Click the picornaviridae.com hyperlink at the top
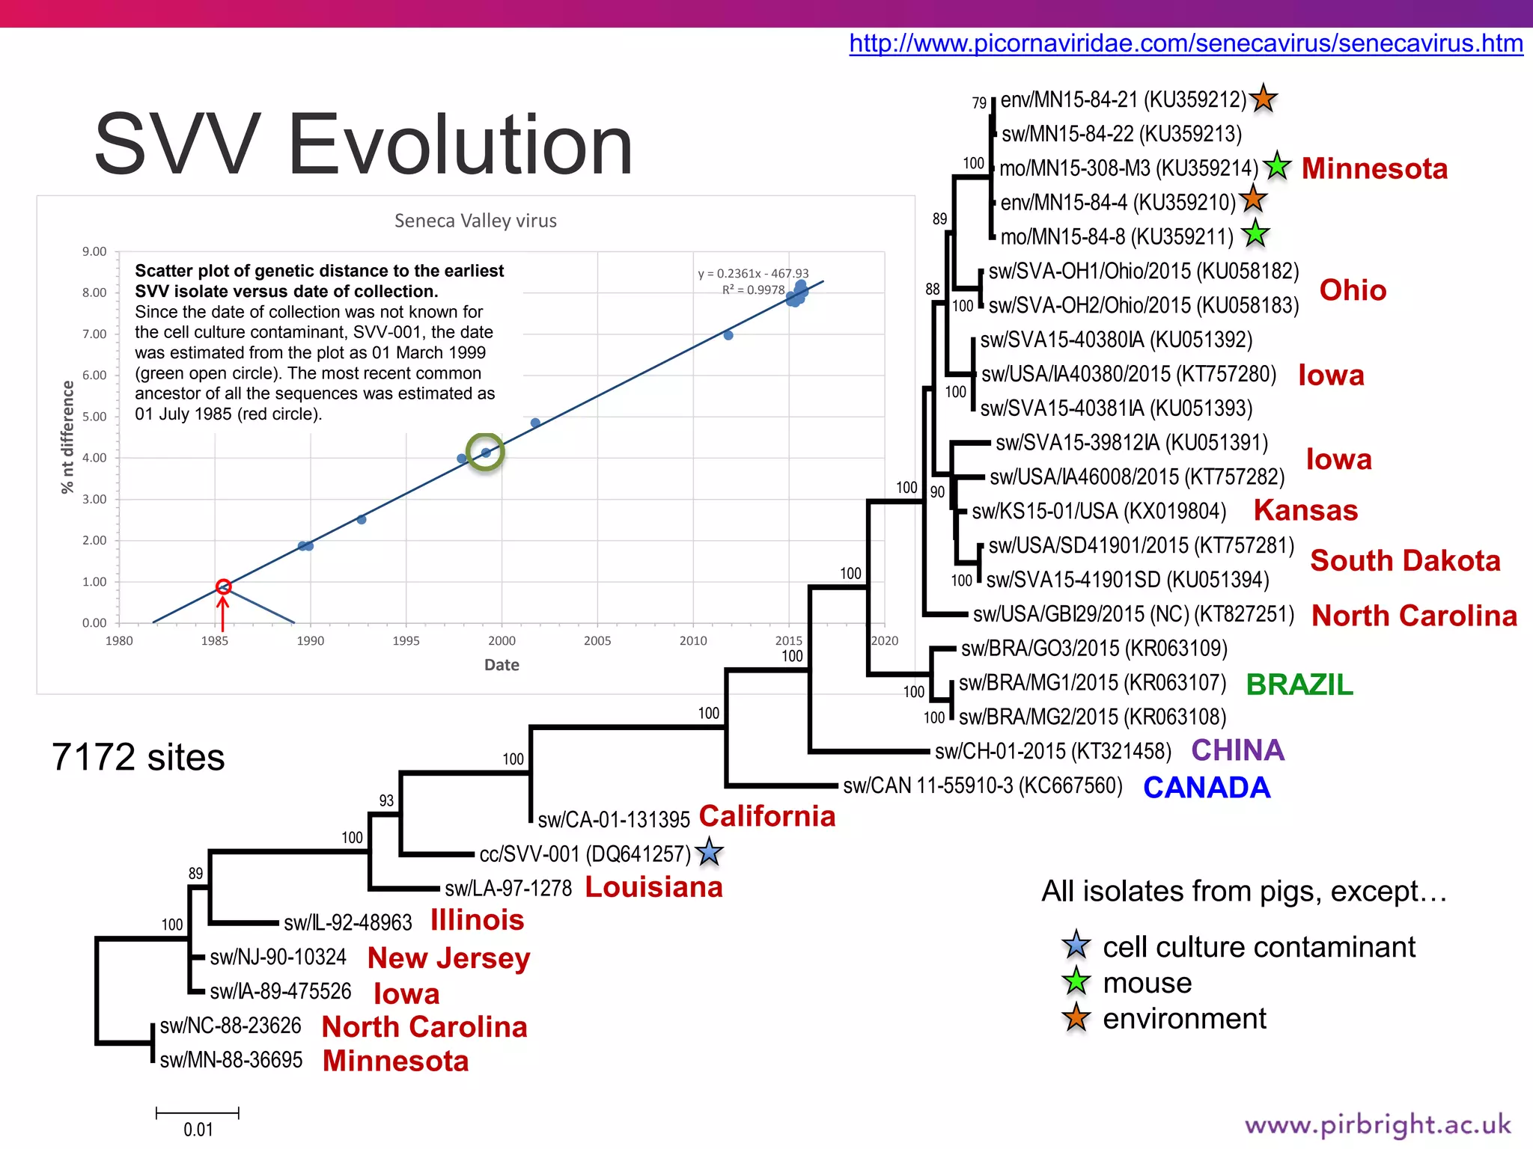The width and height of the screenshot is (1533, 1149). pyautogui.click(x=1186, y=43)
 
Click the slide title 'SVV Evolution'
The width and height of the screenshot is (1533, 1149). pyautogui.click(x=364, y=144)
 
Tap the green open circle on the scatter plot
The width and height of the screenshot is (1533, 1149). pyautogui.click(x=485, y=452)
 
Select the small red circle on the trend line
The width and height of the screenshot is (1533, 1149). pyautogui.click(x=223, y=586)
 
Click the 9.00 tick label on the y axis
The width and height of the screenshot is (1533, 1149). pyautogui.click(x=94, y=251)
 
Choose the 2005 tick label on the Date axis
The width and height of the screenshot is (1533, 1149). pyautogui.click(x=597, y=641)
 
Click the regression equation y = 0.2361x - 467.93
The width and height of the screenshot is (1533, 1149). pyautogui.click(x=753, y=274)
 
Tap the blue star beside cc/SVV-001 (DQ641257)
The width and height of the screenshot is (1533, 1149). pyautogui.click(x=709, y=853)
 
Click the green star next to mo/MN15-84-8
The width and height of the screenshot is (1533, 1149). pyautogui.click(x=1256, y=235)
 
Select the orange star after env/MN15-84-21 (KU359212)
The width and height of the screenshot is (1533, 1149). pyautogui.click(x=1264, y=98)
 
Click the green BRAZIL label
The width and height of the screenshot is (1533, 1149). pyautogui.click(x=1299, y=684)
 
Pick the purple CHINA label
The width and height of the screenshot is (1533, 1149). pyautogui.click(x=1238, y=750)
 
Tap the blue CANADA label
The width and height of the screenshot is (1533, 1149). pyautogui.click(x=1207, y=788)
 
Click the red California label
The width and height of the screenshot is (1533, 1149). pyautogui.click(x=767, y=816)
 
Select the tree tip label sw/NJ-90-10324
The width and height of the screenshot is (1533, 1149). pyautogui.click(x=278, y=957)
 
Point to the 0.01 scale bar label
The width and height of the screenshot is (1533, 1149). pyautogui.click(x=198, y=1130)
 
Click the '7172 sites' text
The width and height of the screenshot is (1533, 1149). pyautogui.click(x=138, y=757)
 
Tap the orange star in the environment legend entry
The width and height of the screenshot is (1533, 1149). pyautogui.click(x=1076, y=1018)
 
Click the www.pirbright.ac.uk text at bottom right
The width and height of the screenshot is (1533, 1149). pyautogui.click(x=1377, y=1125)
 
